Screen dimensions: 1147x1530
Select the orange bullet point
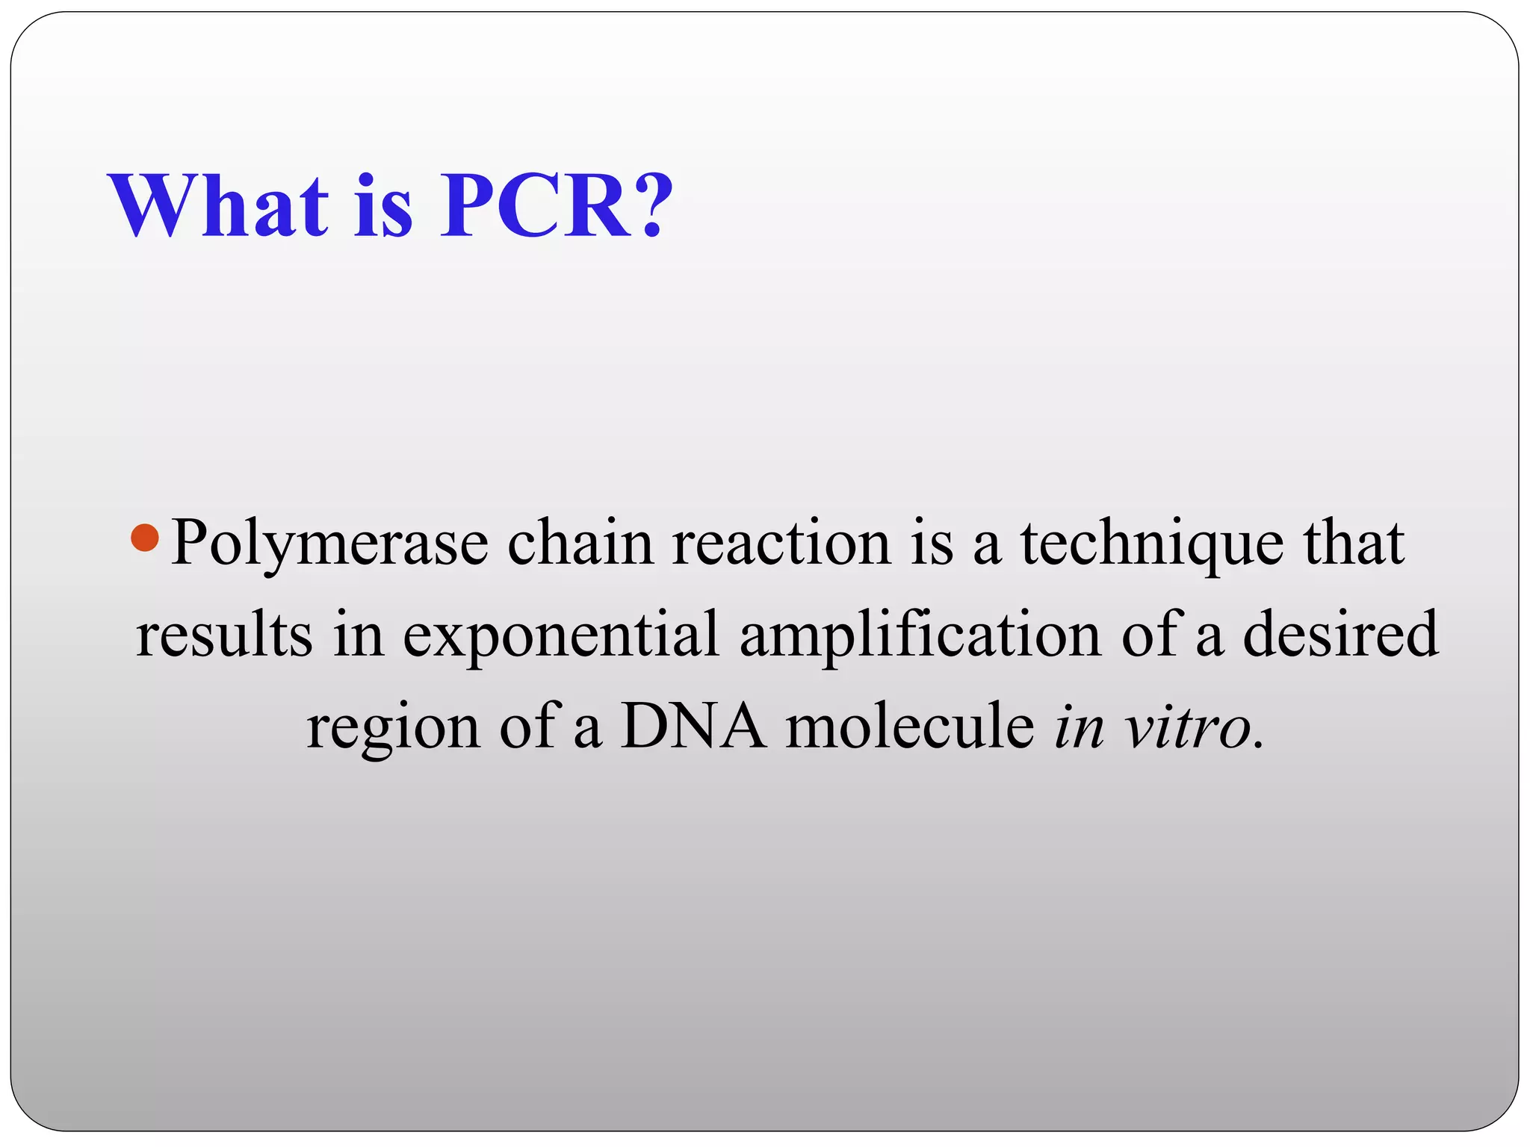(x=144, y=538)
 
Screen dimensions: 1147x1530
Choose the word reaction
(x=781, y=543)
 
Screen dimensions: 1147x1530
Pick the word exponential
(x=561, y=635)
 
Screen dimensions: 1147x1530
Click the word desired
(x=1340, y=634)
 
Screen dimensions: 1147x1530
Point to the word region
(x=393, y=728)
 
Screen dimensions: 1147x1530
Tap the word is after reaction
(x=932, y=543)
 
